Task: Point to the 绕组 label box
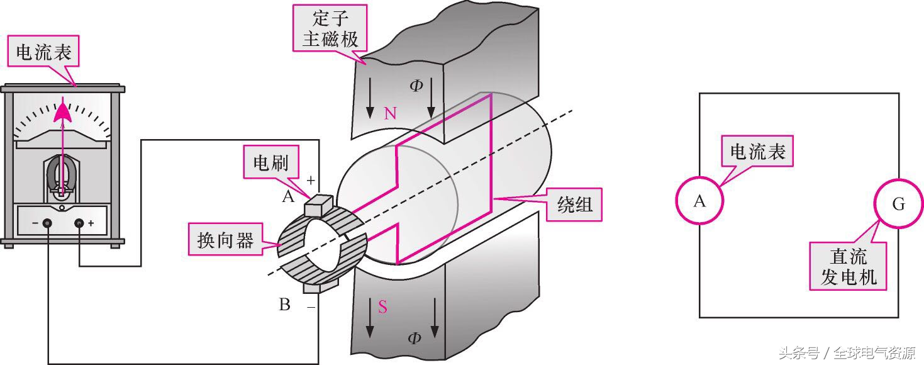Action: (x=575, y=205)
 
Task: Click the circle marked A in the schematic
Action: (x=699, y=201)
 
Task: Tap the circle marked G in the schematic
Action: (x=898, y=204)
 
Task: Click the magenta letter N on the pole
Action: (x=390, y=113)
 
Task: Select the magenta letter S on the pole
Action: (x=382, y=307)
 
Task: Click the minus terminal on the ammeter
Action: (x=47, y=223)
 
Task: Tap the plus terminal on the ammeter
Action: (x=80, y=223)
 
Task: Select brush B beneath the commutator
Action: (x=313, y=288)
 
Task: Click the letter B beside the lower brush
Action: (x=284, y=305)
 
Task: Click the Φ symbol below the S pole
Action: (x=414, y=339)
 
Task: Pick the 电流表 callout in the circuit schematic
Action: (x=757, y=152)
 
